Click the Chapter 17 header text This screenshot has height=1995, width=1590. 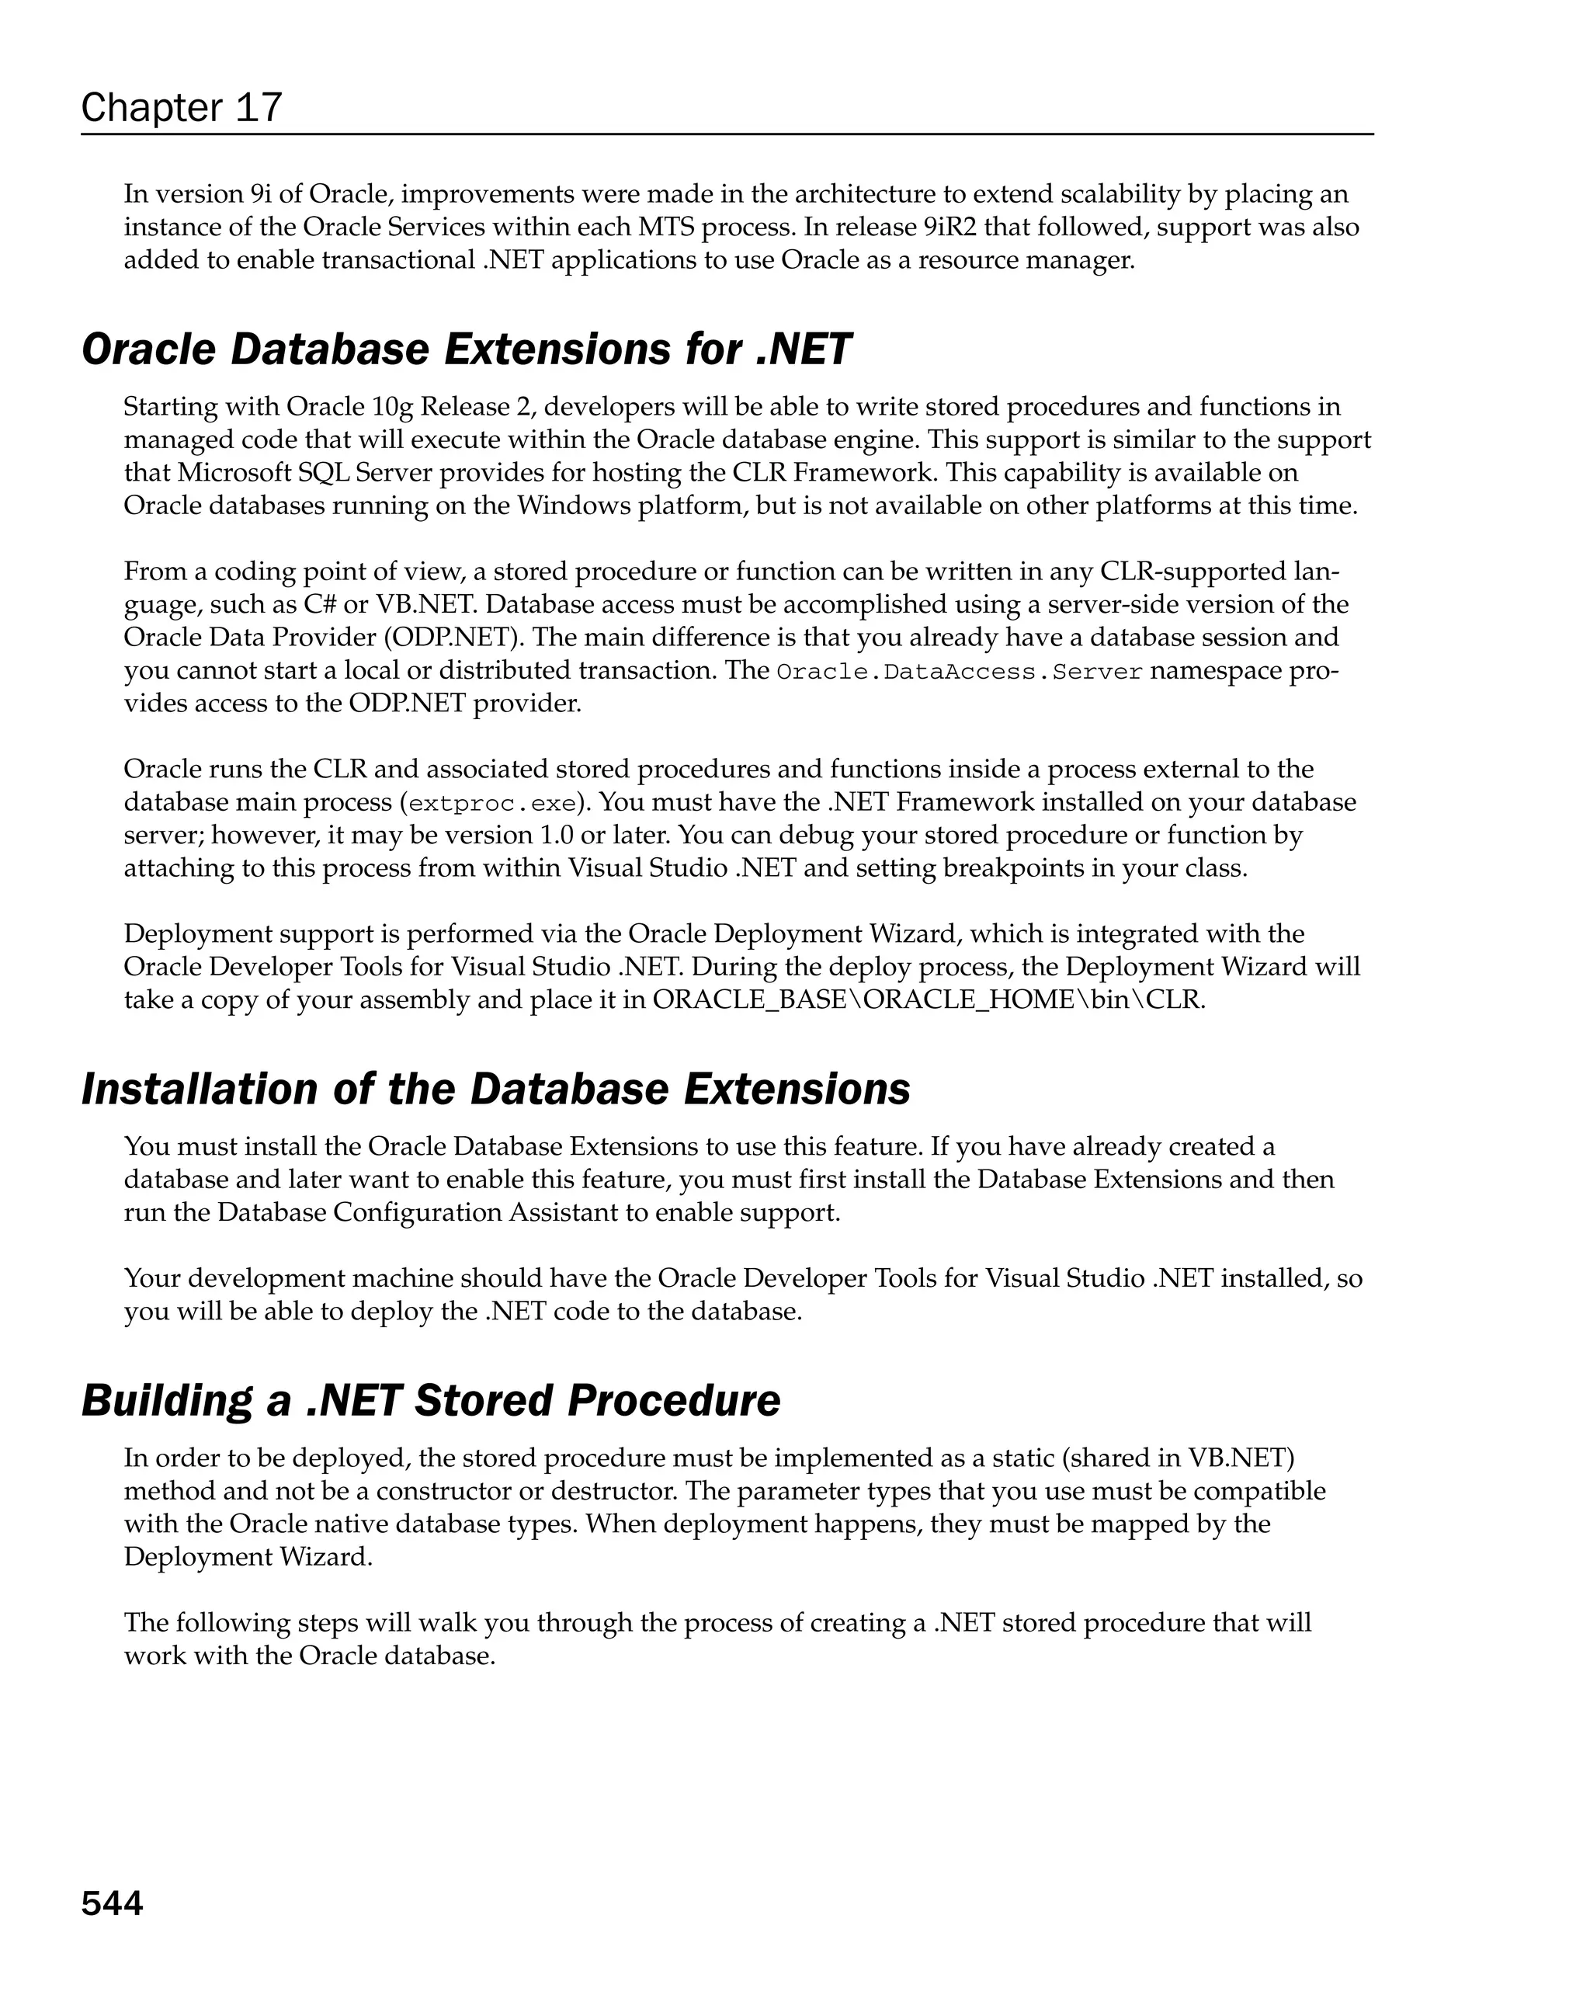pyautogui.click(x=182, y=107)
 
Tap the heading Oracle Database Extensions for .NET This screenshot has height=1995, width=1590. pyautogui.click(x=465, y=349)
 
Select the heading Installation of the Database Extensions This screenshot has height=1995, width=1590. pyautogui.click(x=496, y=1089)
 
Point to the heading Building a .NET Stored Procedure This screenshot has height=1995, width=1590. pyautogui.click(x=431, y=1400)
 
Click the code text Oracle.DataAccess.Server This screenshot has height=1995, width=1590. pyautogui.click(x=959, y=672)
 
